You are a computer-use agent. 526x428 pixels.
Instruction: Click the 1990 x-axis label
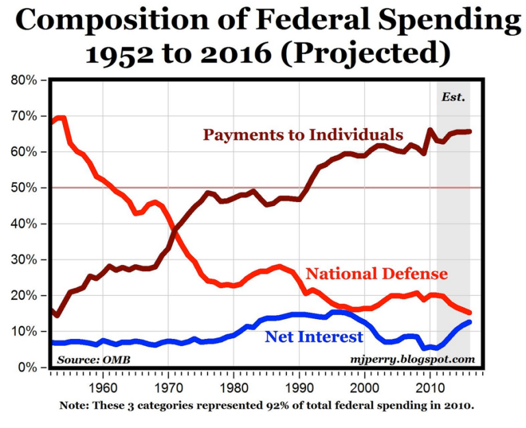[x=299, y=386]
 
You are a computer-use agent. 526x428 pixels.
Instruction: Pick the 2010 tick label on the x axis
[x=430, y=386]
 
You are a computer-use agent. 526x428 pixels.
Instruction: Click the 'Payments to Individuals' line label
[x=303, y=134]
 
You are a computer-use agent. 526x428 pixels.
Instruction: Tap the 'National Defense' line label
[x=376, y=274]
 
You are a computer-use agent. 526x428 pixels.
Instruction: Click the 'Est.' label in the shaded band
[x=453, y=97]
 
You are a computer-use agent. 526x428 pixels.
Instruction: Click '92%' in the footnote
[x=274, y=405]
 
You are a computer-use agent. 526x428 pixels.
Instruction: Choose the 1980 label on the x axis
[x=234, y=386]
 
